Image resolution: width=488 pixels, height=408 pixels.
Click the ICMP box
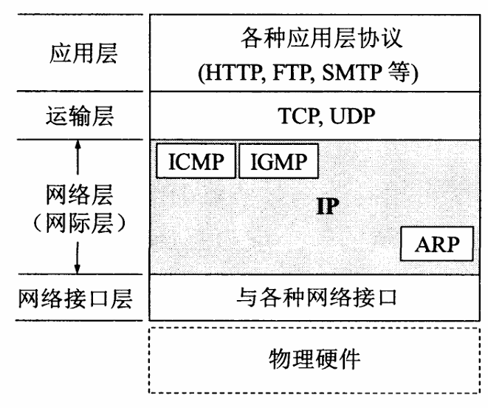click(x=196, y=161)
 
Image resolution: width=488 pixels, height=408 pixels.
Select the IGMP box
click(x=278, y=161)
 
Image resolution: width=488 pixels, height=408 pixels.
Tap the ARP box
click(x=436, y=245)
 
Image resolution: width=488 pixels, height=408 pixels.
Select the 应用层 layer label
click(x=78, y=55)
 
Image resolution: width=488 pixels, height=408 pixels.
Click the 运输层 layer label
click(x=78, y=115)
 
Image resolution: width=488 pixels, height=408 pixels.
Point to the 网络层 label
click(x=78, y=197)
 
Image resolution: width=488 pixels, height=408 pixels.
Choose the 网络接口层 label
click(x=78, y=299)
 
